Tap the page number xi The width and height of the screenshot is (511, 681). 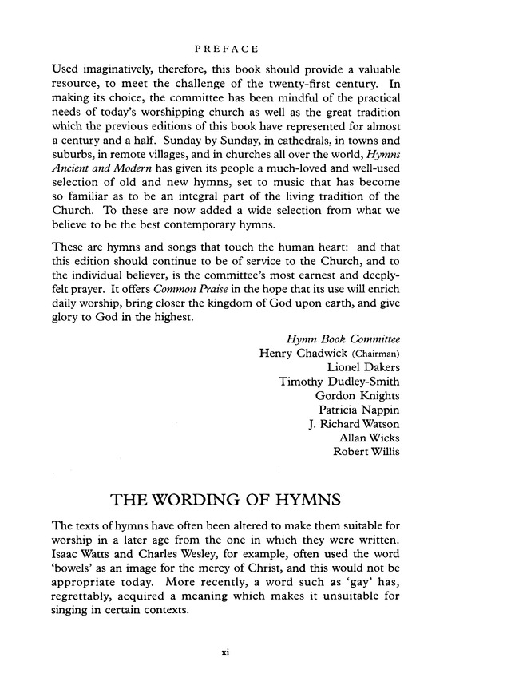pyautogui.click(x=225, y=652)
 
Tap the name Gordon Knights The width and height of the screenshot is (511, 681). pyautogui.click(x=357, y=396)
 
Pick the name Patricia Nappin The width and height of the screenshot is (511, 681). pyautogui.click(x=359, y=410)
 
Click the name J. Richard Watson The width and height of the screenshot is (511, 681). pyautogui.click(x=354, y=424)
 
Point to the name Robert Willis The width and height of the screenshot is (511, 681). pyautogui.click(x=366, y=453)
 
